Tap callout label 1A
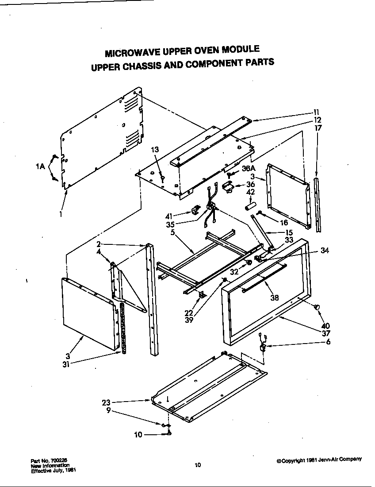tap(41, 167)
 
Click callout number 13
tap(155, 150)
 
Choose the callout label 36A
tap(249, 169)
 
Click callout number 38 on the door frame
tap(275, 298)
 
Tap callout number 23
tap(106, 402)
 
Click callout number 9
tap(108, 410)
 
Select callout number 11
tap(317, 112)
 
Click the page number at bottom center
tap(198, 464)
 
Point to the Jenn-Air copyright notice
tap(319, 460)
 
